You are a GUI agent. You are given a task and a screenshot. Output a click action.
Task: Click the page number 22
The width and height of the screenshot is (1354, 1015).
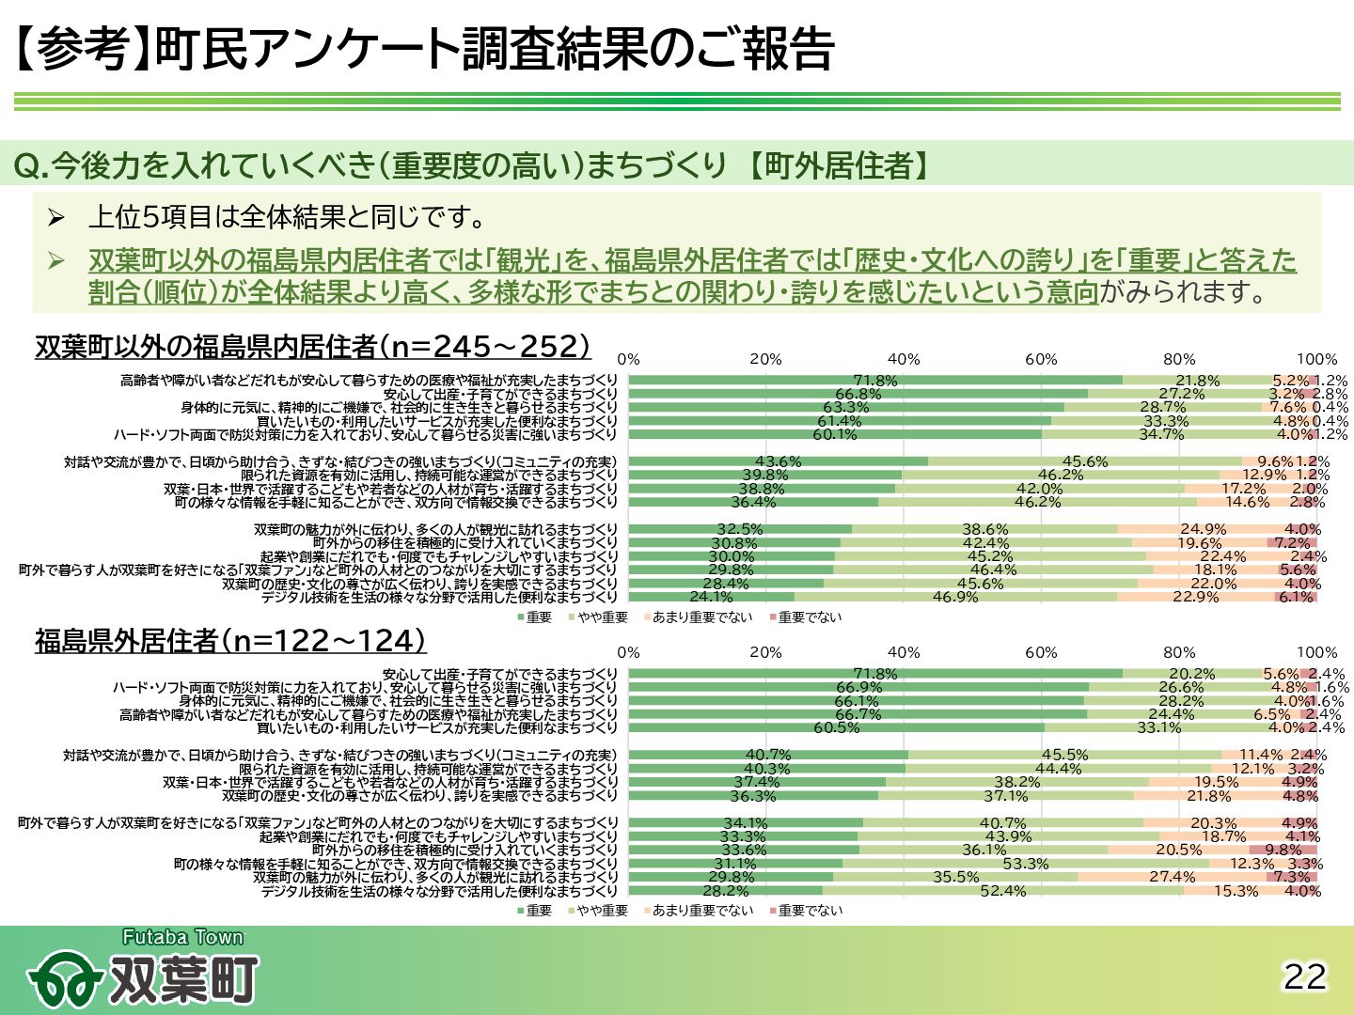(1305, 977)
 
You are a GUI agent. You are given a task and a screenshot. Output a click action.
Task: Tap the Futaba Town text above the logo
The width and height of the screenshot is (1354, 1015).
(182, 937)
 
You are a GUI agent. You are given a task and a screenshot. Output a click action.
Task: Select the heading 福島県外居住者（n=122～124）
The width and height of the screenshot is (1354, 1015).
(230, 641)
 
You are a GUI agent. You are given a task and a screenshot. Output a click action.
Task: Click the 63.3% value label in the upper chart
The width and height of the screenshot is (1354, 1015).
(846, 408)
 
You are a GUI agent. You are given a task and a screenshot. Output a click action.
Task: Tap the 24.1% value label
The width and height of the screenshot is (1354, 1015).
(711, 597)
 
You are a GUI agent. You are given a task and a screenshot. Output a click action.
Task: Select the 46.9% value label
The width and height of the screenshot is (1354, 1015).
(955, 597)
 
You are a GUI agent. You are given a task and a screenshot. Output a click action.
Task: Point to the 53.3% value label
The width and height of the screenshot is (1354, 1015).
(1026, 864)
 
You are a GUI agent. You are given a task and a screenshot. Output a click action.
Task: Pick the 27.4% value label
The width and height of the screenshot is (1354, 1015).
(1173, 877)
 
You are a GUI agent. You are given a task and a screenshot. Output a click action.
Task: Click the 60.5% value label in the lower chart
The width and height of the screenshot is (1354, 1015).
(837, 727)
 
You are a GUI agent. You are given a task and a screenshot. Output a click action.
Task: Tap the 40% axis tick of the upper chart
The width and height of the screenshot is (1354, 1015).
(904, 359)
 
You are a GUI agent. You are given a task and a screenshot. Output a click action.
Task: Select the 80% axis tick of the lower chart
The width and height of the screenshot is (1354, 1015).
(1179, 652)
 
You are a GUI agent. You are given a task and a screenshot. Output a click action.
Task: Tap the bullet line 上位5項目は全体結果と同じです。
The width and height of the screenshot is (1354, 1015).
(288, 218)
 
